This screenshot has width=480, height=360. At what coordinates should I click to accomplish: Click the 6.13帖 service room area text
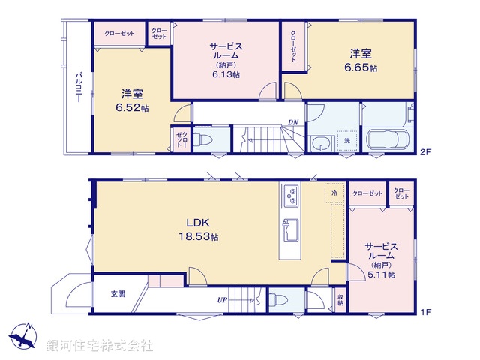coord(225,74)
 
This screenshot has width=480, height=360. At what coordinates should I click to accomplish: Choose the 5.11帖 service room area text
coord(380,275)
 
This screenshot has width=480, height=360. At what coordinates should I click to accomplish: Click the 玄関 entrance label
coord(118,294)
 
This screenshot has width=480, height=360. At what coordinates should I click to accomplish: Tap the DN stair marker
coord(295,122)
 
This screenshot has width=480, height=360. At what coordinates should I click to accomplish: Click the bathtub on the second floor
coord(387,139)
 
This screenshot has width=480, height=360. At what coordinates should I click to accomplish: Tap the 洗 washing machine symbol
coord(346,140)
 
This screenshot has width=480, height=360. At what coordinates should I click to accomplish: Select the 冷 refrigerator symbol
coord(334,193)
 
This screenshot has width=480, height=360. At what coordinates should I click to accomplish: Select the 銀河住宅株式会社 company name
coord(100,346)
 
